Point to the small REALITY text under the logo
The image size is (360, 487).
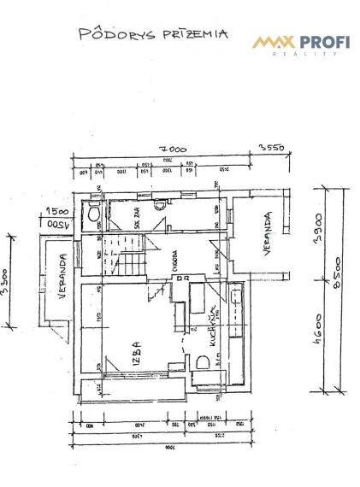[x=311, y=54]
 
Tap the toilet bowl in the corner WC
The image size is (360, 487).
[x=93, y=215]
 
